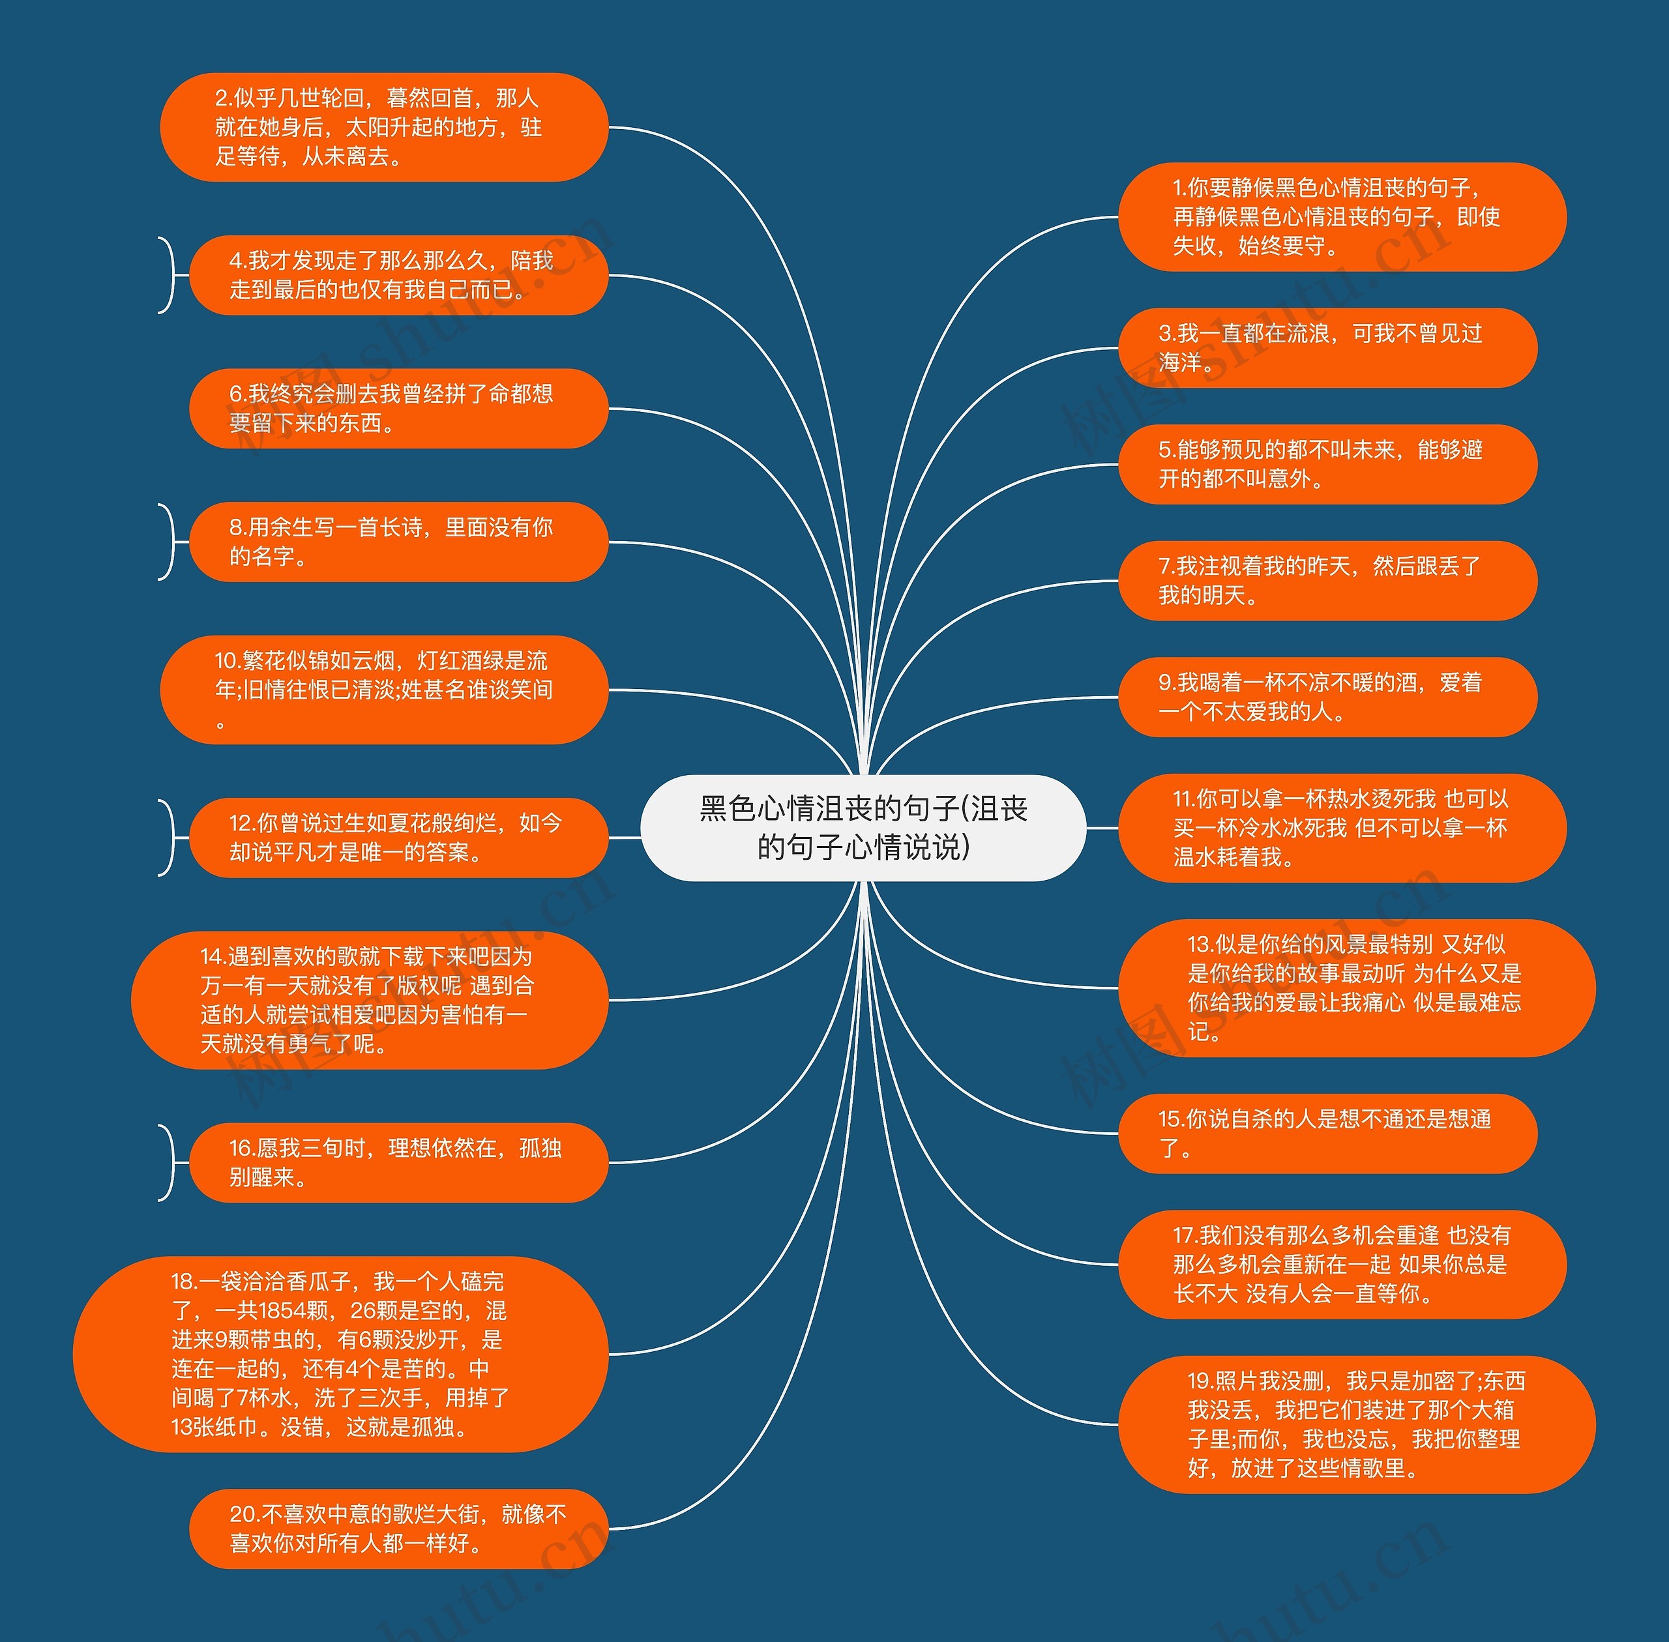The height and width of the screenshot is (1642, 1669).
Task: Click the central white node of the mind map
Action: click(863, 828)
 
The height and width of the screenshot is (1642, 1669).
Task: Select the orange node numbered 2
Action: click(384, 128)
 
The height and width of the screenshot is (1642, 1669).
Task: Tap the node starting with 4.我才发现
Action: click(398, 275)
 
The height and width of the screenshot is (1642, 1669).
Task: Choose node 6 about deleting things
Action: click(398, 409)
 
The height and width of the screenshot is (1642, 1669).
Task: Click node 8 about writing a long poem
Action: click(398, 542)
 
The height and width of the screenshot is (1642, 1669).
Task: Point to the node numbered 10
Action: click(384, 690)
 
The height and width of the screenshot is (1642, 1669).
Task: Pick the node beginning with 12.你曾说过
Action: click(398, 838)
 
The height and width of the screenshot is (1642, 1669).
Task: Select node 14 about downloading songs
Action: click(369, 1001)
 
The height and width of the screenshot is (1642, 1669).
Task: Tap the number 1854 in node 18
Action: click(293, 1311)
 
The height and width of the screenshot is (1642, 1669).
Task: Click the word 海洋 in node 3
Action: click(1180, 363)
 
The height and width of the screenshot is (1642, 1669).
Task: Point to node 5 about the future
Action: click(1327, 464)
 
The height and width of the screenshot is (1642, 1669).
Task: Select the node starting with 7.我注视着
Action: click(1327, 580)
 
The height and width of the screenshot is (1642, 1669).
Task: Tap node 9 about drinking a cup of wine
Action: click(1327, 697)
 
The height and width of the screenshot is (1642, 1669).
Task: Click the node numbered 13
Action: click(1357, 988)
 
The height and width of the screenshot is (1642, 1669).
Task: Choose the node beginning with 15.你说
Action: click(1327, 1133)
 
